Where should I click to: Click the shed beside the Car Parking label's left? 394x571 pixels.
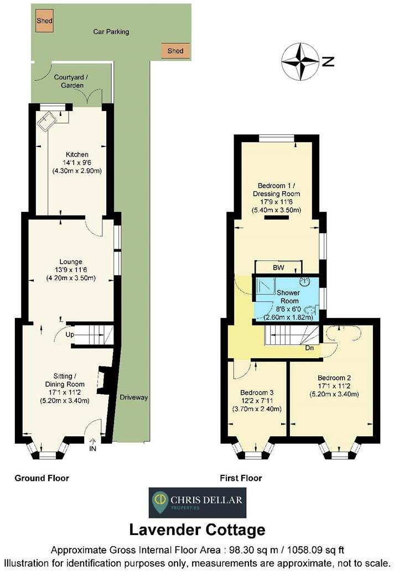coord(44,20)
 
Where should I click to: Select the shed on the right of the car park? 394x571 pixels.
coord(175,51)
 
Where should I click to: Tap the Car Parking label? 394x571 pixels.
coord(111,32)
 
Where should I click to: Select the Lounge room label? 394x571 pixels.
coord(71,261)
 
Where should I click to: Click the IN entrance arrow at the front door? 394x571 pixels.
coord(92,442)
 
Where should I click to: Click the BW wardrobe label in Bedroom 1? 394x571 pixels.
coord(278,268)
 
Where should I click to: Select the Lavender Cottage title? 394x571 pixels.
coord(197,530)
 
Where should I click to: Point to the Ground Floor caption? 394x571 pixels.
coord(42,478)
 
